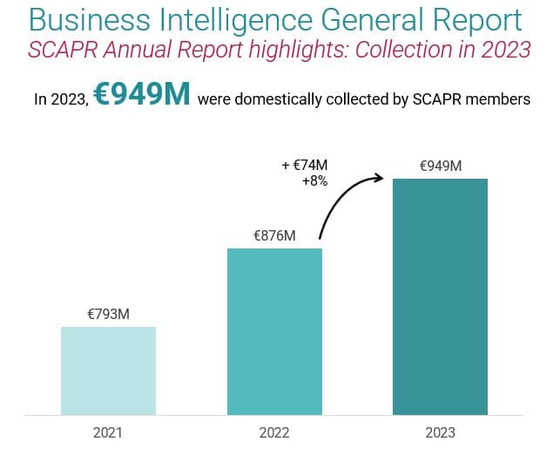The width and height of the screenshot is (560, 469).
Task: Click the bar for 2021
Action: (108, 370)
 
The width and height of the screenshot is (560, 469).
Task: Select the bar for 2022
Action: (274, 331)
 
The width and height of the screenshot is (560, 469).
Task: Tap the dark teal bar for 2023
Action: (440, 296)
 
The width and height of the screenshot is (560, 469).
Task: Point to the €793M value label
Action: (108, 314)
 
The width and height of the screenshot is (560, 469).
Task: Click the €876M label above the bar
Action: (274, 235)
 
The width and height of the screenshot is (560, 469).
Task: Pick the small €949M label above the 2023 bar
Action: (440, 166)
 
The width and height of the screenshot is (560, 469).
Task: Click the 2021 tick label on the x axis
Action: (108, 432)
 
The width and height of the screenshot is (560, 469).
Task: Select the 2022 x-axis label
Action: (274, 432)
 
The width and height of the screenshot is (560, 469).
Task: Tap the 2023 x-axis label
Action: (440, 432)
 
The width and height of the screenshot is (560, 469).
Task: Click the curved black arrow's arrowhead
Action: (381, 178)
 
